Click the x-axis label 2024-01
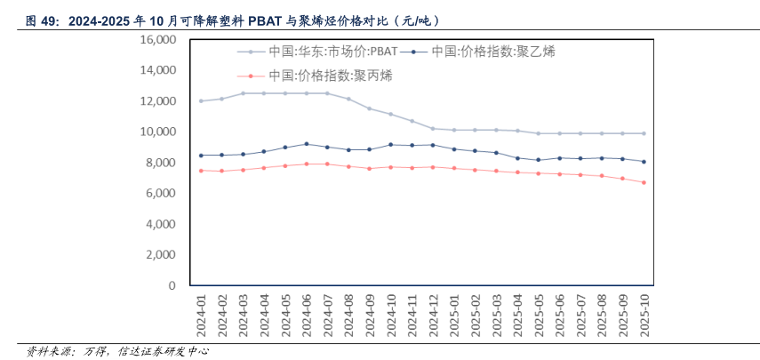(x=201, y=316)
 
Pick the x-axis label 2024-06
(x=307, y=316)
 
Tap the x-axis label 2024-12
(x=433, y=316)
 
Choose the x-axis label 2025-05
(x=538, y=316)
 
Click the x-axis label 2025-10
(x=644, y=316)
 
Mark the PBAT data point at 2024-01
(x=201, y=101)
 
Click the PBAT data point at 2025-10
(x=644, y=133)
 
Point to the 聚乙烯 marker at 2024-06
(x=307, y=144)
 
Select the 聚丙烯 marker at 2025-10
(x=644, y=182)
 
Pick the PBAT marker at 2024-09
(x=370, y=108)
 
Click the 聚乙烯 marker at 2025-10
(x=644, y=162)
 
